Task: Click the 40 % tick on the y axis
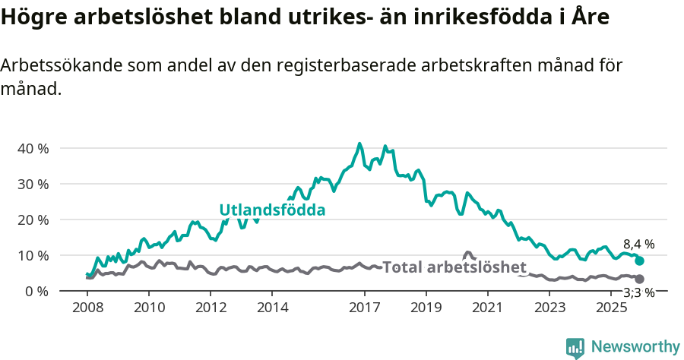click(x=33, y=148)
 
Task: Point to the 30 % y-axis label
click(x=33, y=184)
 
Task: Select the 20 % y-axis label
click(x=33, y=219)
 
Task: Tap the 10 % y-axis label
click(x=33, y=255)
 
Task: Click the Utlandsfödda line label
click(x=272, y=210)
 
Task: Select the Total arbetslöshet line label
click(x=454, y=267)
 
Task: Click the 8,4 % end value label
click(x=639, y=245)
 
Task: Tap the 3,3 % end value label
click(x=639, y=292)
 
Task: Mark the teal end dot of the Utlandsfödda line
click(x=640, y=261)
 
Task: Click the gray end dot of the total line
click(x=640, y=279)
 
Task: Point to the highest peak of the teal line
click(x=359, y=144)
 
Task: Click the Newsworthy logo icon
click(x=575, y=347)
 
